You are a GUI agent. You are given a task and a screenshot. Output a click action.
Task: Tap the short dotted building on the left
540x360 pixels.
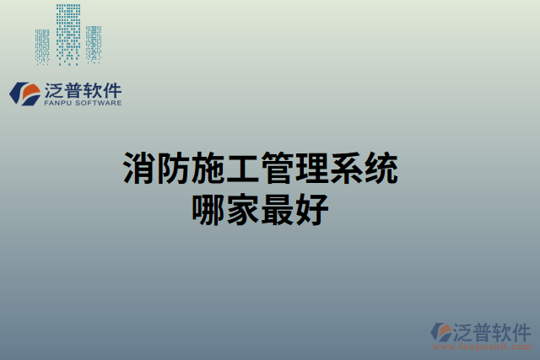pyautogui.click(x=42, y=46)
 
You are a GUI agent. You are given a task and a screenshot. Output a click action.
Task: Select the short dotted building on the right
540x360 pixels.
pyautogui.click(x=93, y=44)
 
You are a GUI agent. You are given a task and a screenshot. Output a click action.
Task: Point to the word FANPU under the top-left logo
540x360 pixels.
pyautogui.click(x=56, y=103)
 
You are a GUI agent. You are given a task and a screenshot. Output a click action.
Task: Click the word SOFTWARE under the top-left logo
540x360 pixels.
pyautogui.click(x=98, y=103)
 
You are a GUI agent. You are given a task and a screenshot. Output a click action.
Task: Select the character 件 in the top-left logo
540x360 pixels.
pyautogui.click(x=111, y=89)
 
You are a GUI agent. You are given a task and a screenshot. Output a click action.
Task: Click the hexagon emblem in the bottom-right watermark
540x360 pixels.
pyautogui.click(x=440, y=332)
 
